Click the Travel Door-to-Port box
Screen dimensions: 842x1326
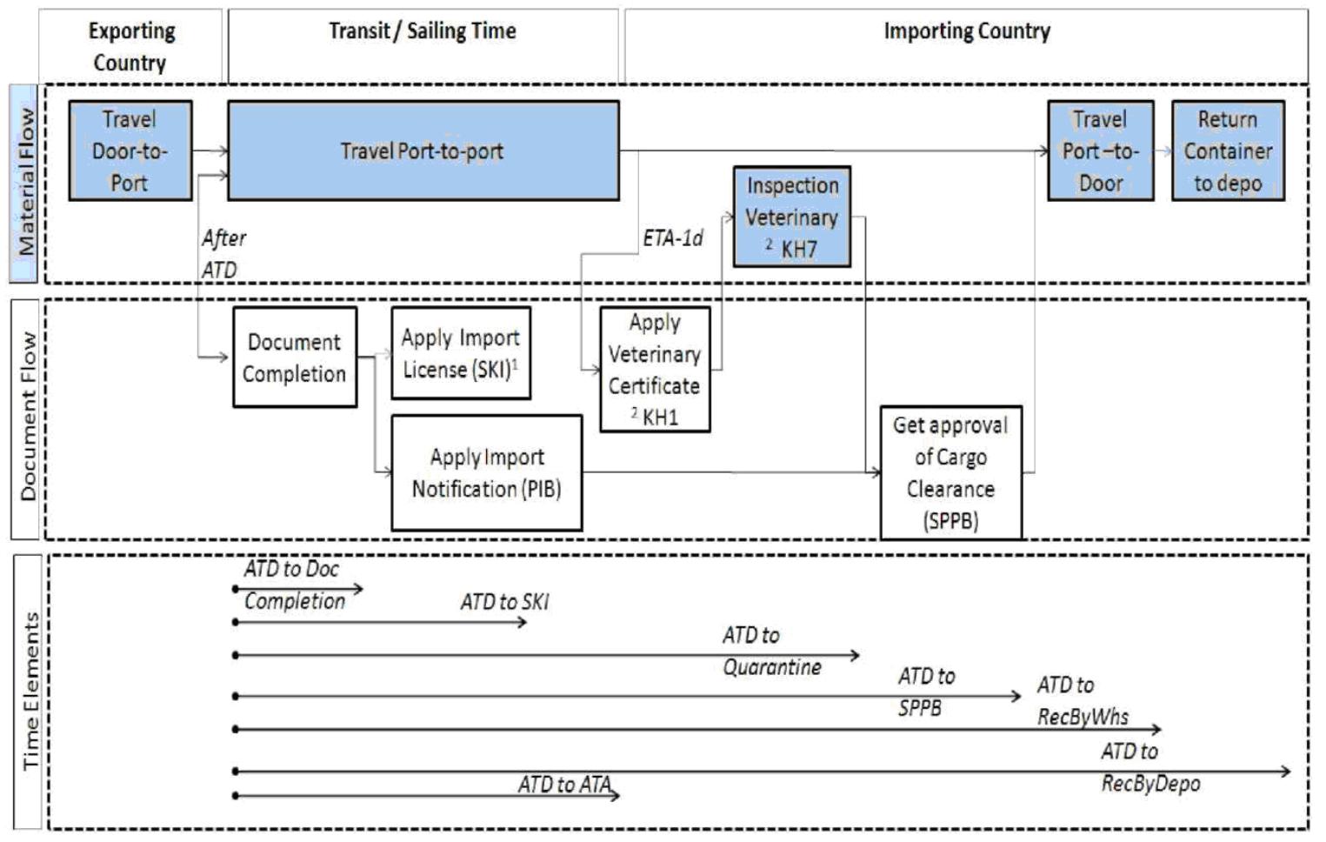point(130,150)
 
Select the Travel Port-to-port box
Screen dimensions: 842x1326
point(423,150)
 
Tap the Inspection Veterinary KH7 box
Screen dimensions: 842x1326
point(791,217)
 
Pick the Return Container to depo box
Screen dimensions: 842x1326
point(1227,150)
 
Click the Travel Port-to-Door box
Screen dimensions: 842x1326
point(1100,150)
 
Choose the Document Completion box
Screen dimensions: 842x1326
point(294,357)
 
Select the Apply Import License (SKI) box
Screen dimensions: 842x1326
point(460,353)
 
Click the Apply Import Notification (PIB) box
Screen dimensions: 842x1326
point(486,472)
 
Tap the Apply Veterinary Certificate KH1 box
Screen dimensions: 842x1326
point(654,369)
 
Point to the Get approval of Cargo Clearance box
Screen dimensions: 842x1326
point(950,472)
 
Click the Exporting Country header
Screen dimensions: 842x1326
point(130,46)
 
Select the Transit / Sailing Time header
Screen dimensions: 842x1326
point(423,31)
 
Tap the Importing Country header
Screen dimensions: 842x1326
point(966,31)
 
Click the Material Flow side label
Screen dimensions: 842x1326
point(25,183)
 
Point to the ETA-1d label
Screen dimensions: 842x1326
point(672,238)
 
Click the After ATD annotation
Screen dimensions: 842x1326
point(223,253)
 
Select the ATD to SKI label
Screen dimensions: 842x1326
point(504,602)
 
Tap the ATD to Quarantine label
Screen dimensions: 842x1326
point(770,651)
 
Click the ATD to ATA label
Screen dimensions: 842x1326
point(565,785)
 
